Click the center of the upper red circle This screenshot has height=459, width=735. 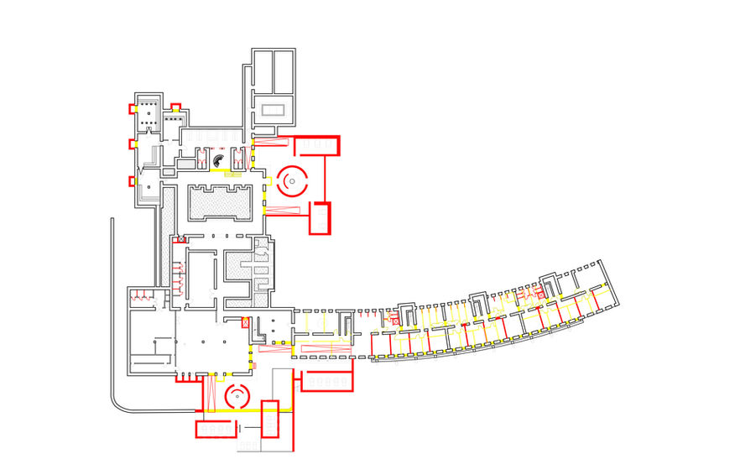pos(294,178)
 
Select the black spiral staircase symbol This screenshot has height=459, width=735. pos(217,159)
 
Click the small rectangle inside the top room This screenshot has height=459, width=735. pos(273,109)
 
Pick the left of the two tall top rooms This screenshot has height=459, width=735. pos(263,73)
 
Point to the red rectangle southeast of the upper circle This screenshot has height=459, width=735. pos(321,218)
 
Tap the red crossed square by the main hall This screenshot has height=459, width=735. pos(245,321)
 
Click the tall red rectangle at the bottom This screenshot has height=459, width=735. pos(269,419)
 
